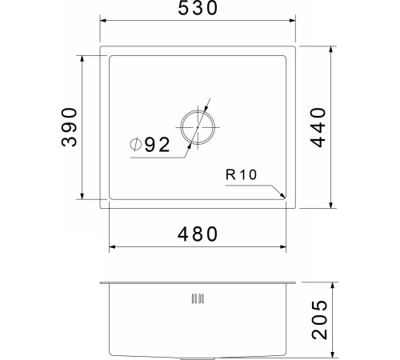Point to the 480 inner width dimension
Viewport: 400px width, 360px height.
[x=198, y=234]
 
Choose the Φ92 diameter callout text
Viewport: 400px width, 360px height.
[x=150, y=145]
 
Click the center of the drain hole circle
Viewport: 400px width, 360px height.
[x=198, y=128]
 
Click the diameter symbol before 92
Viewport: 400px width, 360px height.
[x=136, y=145]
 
